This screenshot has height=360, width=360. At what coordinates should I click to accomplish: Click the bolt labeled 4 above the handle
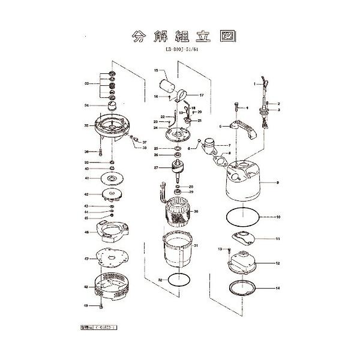[240, 107]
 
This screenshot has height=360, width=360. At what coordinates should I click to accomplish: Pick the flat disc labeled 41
[111, 178]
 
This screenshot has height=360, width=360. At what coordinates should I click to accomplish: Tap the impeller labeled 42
[111, 195]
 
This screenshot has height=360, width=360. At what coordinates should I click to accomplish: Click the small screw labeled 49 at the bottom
[102, 305]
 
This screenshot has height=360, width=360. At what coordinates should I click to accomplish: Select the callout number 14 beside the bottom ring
[278, 288]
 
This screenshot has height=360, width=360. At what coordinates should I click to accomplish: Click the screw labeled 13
[227, 250]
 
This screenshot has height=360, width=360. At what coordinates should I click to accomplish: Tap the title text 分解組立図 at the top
[180, 35]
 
